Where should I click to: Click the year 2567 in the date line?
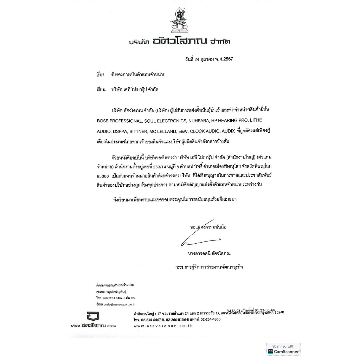click(x=227, y=59)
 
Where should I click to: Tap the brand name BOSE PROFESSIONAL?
click(x=119, y=121)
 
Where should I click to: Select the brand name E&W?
click(x=184, y=131)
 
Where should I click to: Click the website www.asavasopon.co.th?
click(x=163, y=326)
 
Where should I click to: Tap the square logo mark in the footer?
click(x=93, y=316)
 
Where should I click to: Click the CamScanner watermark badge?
click(x=283, y=349)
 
